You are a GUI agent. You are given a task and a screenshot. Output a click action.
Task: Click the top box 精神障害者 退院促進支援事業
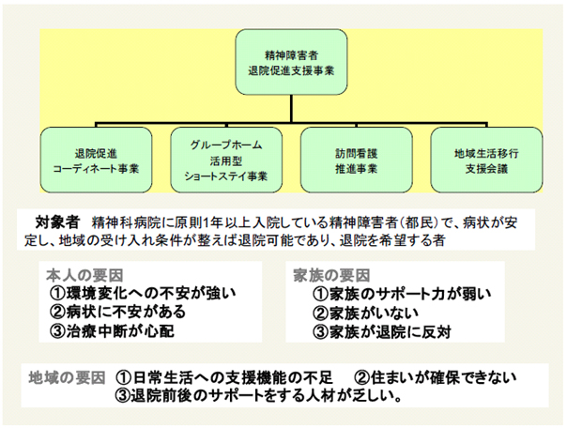pyautogui.click(x=291, y=62)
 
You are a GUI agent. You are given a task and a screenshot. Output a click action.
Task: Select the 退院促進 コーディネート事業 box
pyautogui.click(x=96, y=160)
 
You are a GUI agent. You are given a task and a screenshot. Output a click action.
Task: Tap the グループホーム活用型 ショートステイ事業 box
pyautogui.click(x=226, y=160)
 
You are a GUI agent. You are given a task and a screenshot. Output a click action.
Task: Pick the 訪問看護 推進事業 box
pyautogui.click(x=356, y=160)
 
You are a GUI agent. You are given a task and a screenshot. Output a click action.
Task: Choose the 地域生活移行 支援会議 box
pyautogui.click(x=486, y=160)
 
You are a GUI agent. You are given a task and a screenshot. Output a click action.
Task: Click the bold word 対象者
pyautogui.click(x=57, y=222)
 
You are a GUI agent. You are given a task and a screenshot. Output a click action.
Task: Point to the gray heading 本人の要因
pyautogui.click(x=84, y=276)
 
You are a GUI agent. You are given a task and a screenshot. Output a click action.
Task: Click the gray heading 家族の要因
pyautogui.click(x=331, y=276)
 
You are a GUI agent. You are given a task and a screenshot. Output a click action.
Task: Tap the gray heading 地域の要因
pyautogui.click(x=67, y=378)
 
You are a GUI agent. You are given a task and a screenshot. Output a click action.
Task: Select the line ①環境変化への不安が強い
pyautogui.click(x=143, y=294)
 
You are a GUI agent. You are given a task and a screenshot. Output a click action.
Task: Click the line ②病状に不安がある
pyautogui.click(x=117, y=313)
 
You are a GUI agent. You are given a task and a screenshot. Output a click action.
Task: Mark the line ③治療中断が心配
pyautogui.click(x=112, y=331)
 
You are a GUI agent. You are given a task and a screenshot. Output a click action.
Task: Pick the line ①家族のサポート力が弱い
pyautogui.click(x=402, y=295)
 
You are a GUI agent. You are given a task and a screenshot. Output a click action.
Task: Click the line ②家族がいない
pyautogui.click(x=365, y=313)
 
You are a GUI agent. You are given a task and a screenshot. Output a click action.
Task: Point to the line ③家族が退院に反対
pyautogui.click(x=382, y=332)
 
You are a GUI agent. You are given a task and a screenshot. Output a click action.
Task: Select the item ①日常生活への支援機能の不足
pyautogui.click(x=224, y=378)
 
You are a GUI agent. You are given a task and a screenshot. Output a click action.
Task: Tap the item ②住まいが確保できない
pyautogui.click(x=435, y=378)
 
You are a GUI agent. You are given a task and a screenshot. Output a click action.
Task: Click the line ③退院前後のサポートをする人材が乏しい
pyautogui.click(x=259, y=396)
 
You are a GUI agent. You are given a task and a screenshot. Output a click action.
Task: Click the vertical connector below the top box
pyautogui.click(x=291, y=109)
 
